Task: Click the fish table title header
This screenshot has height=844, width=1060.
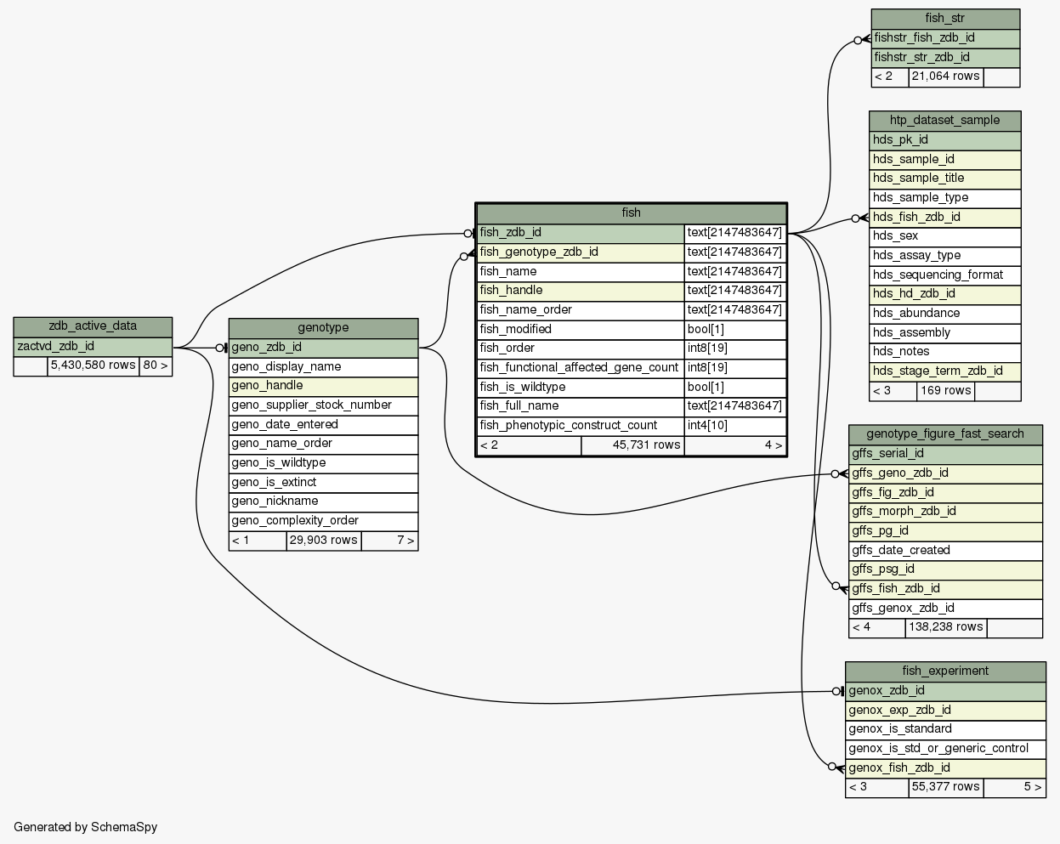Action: point(631,213)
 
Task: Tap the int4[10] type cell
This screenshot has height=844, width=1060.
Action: point(735,426)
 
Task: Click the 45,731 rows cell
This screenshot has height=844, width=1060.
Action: point(632,445)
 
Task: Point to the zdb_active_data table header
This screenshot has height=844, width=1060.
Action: point(93,326)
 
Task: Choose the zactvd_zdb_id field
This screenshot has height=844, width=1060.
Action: point(93,347)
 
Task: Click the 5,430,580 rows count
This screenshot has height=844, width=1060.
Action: point(94,365)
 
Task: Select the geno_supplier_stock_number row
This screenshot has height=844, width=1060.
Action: point(323,405)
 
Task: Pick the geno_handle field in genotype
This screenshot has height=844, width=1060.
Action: point(323,386)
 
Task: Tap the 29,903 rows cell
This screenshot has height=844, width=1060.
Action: point(324,541)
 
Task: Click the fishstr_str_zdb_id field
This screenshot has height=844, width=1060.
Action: point(945,58)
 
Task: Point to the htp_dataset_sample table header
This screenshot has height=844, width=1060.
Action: point(944,121)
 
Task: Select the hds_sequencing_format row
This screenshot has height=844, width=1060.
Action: point(944,275)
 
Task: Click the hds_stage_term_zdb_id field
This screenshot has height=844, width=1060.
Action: point(944,371)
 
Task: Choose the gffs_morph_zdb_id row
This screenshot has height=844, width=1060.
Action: point(945,512)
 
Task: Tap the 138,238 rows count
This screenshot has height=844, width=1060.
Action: point(946,627)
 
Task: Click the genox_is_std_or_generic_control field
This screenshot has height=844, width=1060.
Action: point(945,749)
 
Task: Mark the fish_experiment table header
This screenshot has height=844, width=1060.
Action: point(945,671)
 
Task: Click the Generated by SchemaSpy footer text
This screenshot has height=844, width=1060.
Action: point(85,827)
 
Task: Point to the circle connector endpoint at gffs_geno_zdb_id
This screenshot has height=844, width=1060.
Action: point(835,474)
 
